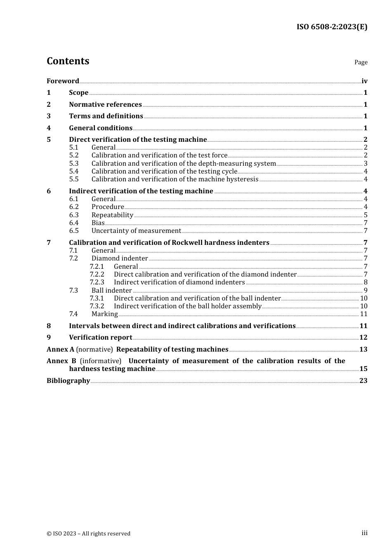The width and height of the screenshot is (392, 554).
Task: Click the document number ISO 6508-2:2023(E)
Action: click(x=332, y=27)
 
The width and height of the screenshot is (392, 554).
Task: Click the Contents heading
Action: click(x=68, y=61)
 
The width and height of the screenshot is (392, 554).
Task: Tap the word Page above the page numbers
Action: click(x=361, y=62)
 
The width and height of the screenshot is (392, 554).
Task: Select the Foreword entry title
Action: click(x=63, y=81)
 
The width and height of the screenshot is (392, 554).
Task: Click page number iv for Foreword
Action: click(x=364, y=81)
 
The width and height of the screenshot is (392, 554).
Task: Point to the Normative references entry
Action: click(x=105, y=105)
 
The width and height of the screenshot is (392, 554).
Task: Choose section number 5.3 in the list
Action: click(x=74, y=164)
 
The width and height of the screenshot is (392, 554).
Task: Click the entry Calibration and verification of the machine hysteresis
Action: click(x=175, y=179)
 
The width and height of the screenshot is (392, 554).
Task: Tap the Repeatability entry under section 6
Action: click(x=112, y=215)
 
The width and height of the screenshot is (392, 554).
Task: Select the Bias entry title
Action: click(x=98, y=223)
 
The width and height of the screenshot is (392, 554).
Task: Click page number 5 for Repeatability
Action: click(x=366, y=215)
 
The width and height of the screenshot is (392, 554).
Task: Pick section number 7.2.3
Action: click(x=97, y=282)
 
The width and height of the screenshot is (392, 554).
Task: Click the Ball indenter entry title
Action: click(x=111, y=291)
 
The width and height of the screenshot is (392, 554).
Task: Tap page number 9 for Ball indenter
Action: click(x=366, y=291)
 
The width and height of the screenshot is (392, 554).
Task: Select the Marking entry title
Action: click(x=104, y=314)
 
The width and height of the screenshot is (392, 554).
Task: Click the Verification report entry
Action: click(x=100, y=338)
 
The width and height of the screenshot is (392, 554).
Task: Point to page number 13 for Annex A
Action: click(x=363, y=350)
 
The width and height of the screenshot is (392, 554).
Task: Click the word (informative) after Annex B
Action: click(x=101, y=361)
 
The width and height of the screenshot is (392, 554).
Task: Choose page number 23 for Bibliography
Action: click(x=363, y=381)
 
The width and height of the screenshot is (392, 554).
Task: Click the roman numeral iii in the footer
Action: click(x=364, y=533)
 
